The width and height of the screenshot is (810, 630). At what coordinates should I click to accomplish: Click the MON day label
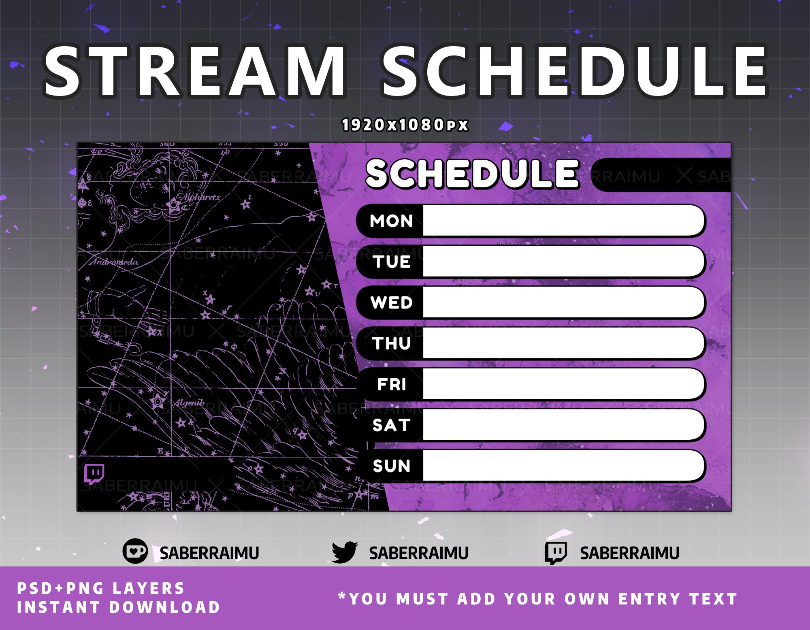pos(391,221)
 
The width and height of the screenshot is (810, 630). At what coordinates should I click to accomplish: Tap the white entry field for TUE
pos(563,262)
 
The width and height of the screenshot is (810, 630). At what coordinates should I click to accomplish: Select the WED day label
pos(391,302)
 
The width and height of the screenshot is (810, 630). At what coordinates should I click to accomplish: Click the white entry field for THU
pos(563,343)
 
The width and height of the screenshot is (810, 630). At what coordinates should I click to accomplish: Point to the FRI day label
pos(391,384)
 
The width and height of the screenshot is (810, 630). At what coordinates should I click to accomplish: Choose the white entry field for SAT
pos(563,425)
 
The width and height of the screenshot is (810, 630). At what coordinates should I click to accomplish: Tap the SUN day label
pos(391,466)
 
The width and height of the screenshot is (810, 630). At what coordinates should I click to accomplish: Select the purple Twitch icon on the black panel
pos(94,474)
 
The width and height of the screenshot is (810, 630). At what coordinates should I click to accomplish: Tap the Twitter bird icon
pos(344,552)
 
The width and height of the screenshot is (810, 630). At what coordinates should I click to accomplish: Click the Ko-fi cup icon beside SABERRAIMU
pos(135,551)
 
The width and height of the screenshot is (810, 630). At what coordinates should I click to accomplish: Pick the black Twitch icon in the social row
pos(555,553)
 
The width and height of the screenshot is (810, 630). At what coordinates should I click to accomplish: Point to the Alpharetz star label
pos(201,198)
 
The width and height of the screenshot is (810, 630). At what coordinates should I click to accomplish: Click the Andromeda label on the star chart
pos(114,262)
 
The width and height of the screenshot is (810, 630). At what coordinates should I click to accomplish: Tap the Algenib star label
pos(189,403)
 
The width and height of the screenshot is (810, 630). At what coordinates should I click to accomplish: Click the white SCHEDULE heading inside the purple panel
pos(472,174)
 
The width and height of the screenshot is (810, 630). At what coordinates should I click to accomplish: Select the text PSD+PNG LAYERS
pos(100,588)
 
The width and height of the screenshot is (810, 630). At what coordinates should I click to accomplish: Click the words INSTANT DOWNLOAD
pos(118,607)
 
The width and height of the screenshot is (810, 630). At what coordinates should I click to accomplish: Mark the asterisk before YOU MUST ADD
pos(342,596)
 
